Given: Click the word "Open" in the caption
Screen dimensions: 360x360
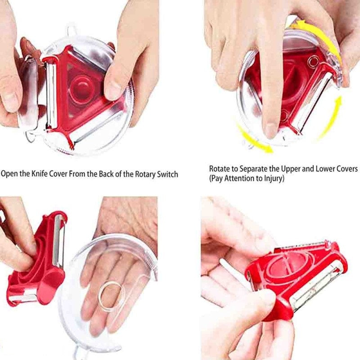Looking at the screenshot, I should pyautogui.click(x=9, y=174).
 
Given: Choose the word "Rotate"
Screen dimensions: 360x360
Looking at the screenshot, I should pyautogui.click(x=219, y=169).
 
